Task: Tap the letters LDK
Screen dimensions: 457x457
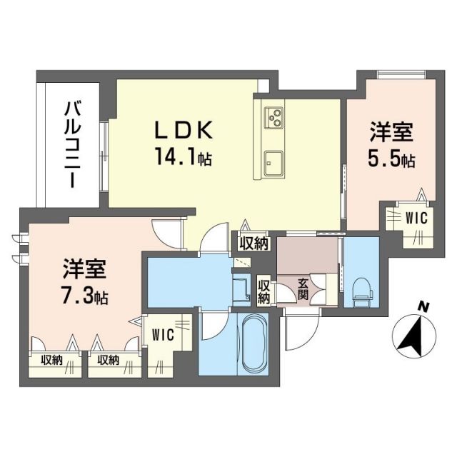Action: pos(184,131)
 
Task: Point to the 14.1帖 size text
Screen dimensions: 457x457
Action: pos(184,154)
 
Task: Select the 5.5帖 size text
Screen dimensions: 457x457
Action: pos(392,159)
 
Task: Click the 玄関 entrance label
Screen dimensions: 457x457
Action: pos(304,288)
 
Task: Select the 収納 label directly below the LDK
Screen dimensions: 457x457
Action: pos(253,243)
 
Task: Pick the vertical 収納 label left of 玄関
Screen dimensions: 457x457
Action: pos(263,290)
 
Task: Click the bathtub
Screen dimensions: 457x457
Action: pos(251,343)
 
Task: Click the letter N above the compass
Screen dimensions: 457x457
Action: pos(425,307)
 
